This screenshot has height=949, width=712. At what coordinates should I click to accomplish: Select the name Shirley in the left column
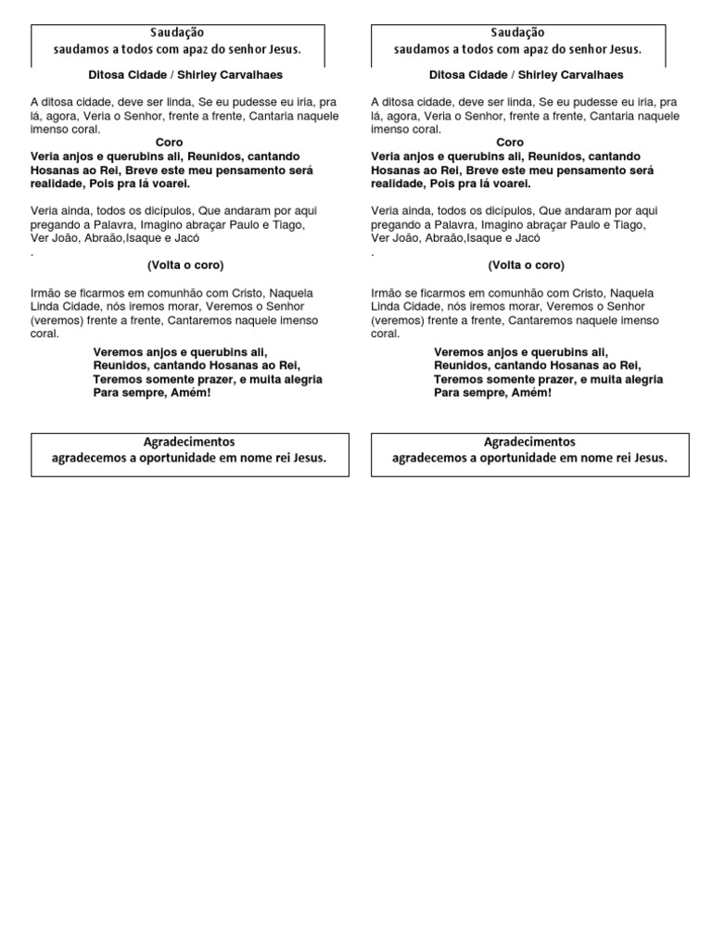point(206,74)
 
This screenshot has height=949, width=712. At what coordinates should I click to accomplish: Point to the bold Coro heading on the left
point(170,143)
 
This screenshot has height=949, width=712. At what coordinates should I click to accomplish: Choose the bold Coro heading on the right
point(510,143)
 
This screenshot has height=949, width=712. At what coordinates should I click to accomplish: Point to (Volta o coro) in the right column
point(527,265)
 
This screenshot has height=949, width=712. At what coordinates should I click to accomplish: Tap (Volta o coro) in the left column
point(185,265)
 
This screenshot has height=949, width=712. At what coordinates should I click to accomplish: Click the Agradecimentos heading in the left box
point(189,442)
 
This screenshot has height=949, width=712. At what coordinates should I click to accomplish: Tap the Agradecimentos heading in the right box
point(529,442)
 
